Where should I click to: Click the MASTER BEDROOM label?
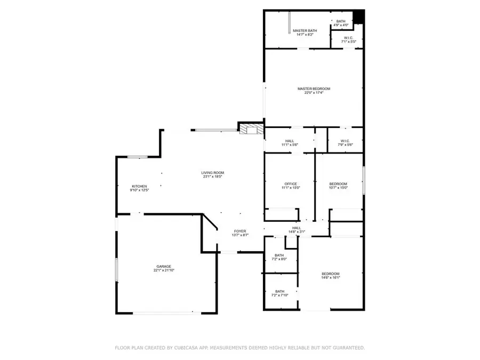pos(314,89)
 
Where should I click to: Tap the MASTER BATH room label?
pos(305,31)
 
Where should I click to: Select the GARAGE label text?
pos(164,266)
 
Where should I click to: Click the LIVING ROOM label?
pos(212,172)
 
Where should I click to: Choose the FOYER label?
pos(240,231)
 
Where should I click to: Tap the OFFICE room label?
pos(291,184)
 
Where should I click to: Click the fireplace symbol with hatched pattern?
pos(251,129)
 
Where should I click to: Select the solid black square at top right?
pos(359,18)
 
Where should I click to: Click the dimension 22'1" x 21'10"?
pos(164,270)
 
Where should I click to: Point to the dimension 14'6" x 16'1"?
pos(331,278)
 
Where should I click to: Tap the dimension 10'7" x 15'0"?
pos(338,188)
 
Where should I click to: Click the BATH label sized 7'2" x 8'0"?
pos(279,255)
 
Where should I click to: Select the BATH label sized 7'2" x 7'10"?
pos(279,291)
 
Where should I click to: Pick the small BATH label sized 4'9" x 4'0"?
pos(341,21)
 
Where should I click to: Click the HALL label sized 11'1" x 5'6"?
pos(290,141)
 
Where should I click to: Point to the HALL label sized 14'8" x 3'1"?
pos(297,228)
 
